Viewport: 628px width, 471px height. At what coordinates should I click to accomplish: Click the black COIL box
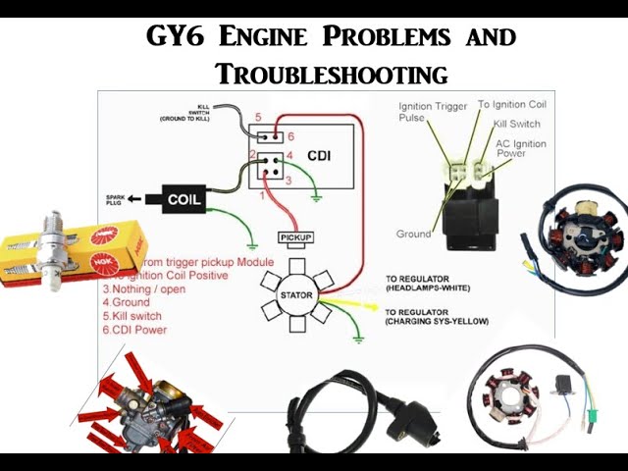[x=183, y=199]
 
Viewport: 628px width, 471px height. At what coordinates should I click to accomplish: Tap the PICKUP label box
[x=295, y=238]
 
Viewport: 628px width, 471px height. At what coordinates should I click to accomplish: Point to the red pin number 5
[x=258, y=118]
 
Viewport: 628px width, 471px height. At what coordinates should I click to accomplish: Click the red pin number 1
[x=262, y=196]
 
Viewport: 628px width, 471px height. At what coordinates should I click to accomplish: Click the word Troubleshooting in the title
[x=332, y=74]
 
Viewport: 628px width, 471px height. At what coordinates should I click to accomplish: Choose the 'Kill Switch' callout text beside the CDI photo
[x=517, y=125]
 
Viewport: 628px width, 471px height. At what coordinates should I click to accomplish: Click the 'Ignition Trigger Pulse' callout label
[x=433, y=111]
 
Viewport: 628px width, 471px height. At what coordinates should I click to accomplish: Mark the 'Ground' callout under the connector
[x=414, y=235]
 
